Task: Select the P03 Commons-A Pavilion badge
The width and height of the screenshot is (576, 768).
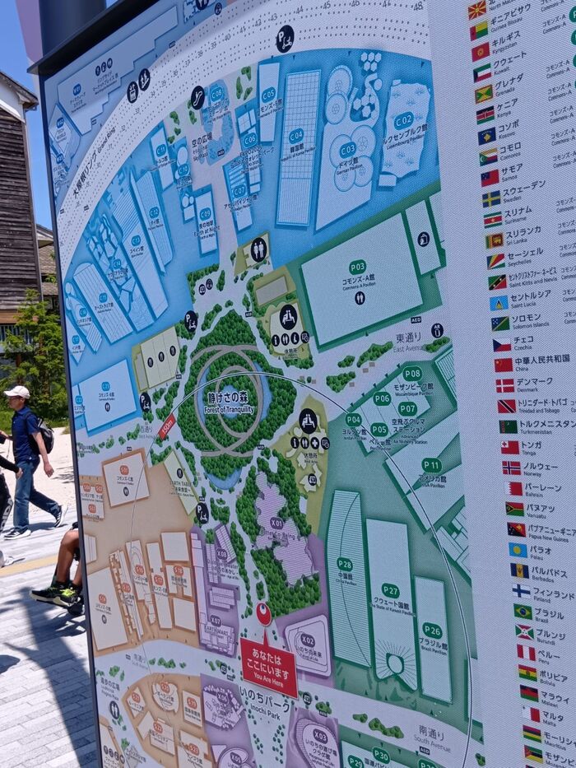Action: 357,267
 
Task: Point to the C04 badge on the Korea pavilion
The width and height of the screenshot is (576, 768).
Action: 296,135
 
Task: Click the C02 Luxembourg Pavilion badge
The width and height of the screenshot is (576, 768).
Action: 403,120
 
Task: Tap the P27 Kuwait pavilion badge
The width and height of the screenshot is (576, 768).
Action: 390,590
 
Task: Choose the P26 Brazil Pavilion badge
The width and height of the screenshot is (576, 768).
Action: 432,630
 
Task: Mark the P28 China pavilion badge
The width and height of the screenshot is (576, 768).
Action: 345,565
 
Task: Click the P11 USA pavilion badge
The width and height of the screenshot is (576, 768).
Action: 431,465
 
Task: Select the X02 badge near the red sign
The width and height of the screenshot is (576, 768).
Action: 307,639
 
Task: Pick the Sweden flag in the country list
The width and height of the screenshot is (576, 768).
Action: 491,198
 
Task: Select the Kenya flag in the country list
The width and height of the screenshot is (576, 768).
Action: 485,114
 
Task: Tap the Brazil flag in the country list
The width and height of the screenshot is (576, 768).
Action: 523,611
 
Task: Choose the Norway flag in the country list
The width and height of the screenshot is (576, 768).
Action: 511,468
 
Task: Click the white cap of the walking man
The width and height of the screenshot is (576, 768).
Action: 16,392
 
